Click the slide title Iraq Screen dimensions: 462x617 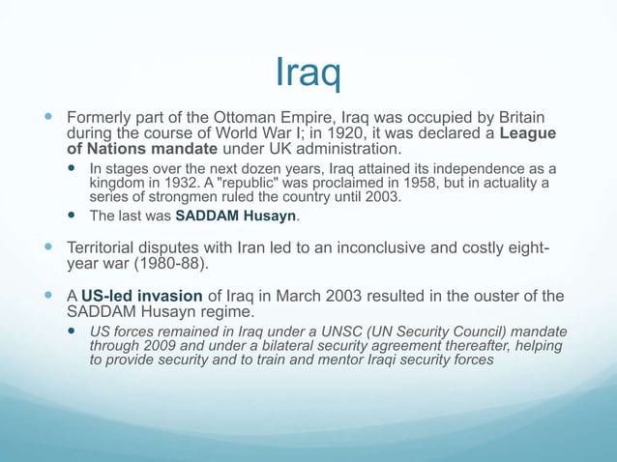click(x=308, y=71)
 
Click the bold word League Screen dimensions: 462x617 click(x=534, y=132)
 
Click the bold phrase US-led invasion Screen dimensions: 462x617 click(x=141, y=296)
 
